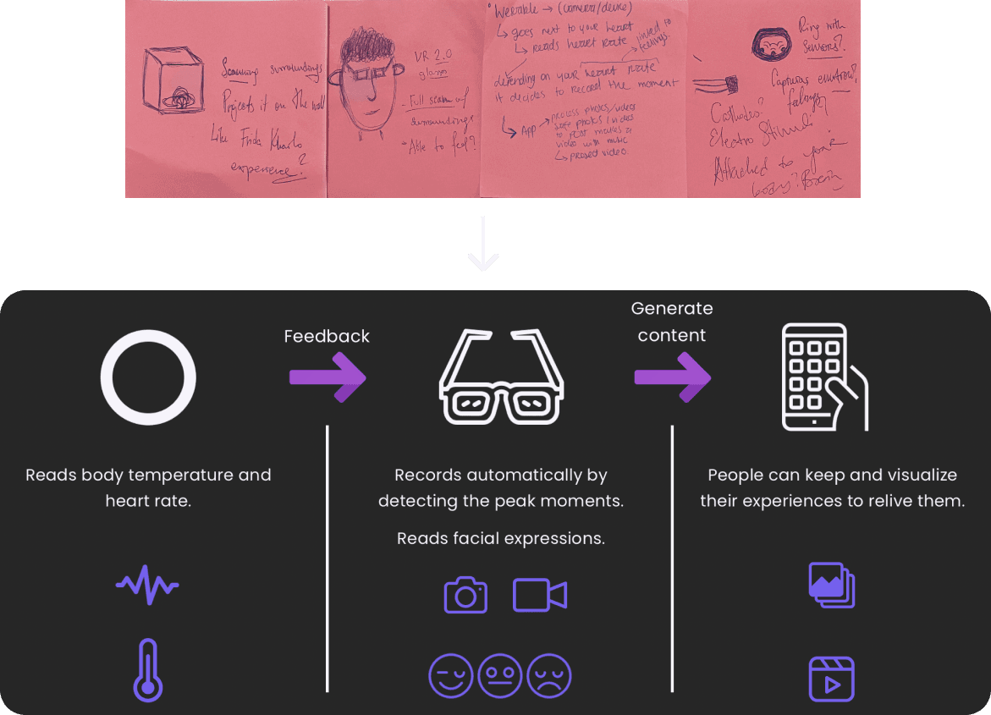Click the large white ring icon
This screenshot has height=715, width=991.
coord(148,377)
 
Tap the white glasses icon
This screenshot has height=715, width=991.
coord(501,377)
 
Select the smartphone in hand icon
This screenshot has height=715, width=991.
coord(823,377)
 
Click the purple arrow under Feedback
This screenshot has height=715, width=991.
coord(328,377)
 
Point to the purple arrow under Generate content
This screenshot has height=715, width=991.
coord(673,377)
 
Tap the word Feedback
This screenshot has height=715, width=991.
coord(327,336)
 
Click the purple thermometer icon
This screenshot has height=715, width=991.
coord(148,669)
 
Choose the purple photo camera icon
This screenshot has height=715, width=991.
coord(465,596)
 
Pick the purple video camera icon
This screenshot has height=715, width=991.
coord(540,596)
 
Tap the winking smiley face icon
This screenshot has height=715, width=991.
coord(451,677)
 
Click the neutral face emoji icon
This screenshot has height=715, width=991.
coord(500,677)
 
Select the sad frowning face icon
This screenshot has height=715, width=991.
coord(549,677)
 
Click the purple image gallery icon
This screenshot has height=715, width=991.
coord(832,586)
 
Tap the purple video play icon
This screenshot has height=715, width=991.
coord(832,679)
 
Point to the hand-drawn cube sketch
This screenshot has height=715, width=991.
coord(170,81)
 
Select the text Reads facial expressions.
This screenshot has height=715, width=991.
coord(501,538)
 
